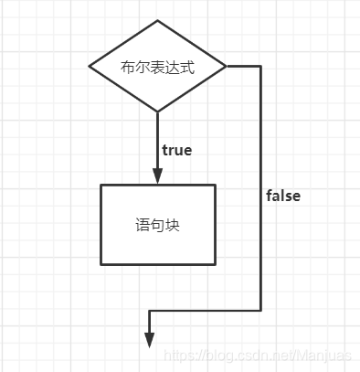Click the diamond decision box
[157, 66]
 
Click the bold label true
[176, 150]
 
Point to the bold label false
[283, 196]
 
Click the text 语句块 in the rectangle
[157, 224]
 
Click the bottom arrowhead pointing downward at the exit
[148, 339]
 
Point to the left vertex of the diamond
[90, 66]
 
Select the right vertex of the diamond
[226, 66]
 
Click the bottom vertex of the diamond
[157, 112]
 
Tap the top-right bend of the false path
[261, 66]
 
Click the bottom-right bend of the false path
[261, 311]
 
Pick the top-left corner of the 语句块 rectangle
[101, 185]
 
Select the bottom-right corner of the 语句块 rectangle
[216, 264]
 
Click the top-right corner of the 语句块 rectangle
[216, 185]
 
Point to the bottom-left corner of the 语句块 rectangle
[101, 264]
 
